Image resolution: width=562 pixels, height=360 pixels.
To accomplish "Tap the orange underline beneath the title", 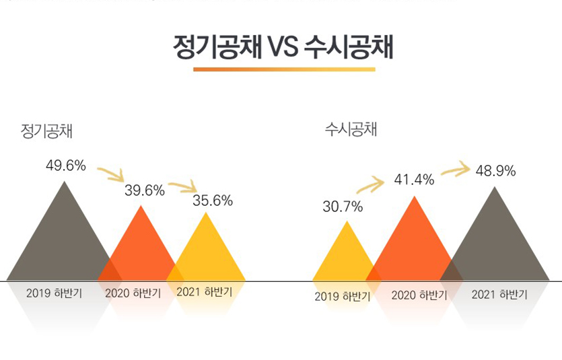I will pos(284,69).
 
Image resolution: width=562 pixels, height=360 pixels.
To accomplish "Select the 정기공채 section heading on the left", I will pos(46,131).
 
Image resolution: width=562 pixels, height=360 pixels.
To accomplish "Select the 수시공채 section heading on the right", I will pos(351,129).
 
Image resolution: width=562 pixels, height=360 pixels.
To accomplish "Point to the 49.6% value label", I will pos(66,166).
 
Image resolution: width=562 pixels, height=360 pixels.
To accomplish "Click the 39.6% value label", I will pos(145,190).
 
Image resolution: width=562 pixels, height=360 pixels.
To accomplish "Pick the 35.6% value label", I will pos(213,200).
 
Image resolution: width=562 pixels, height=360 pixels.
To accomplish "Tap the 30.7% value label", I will pos(343,207).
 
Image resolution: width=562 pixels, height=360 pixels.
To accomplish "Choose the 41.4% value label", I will pos(414,180).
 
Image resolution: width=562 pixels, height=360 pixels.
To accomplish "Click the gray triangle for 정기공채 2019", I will pos(61,242).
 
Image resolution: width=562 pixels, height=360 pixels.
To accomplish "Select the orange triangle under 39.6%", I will pos(141,249).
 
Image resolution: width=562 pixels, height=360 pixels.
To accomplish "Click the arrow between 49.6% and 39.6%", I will pos(110,174).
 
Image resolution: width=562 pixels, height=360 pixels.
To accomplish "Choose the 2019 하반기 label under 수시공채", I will pos(342,297).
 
